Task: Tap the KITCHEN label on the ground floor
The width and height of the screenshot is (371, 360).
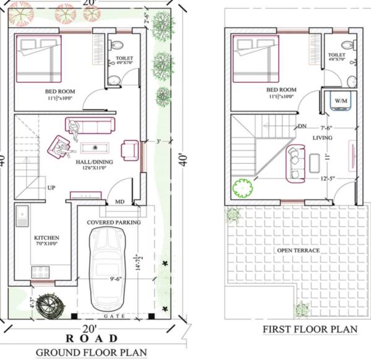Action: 47,238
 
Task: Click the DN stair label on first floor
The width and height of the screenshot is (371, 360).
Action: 302,126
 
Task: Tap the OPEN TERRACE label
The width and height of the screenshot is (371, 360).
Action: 299,250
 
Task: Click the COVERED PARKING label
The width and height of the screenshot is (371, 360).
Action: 113,222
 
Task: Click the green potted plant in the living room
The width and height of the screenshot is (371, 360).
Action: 240,187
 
